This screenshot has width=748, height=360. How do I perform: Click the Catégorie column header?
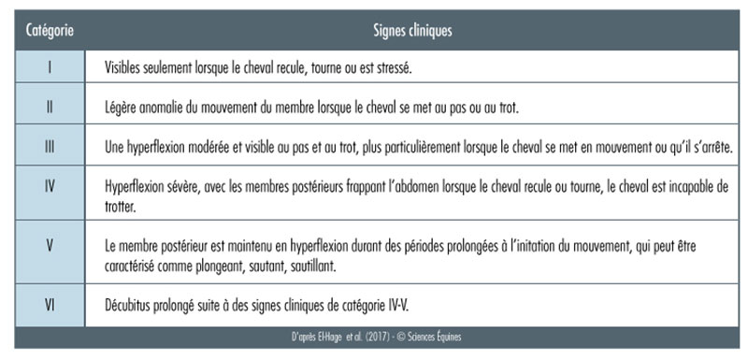click(x=50, y=31)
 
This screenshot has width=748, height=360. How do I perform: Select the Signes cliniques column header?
click(x=412, y=31)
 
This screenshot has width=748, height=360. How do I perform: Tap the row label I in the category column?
click(x=49, y=68)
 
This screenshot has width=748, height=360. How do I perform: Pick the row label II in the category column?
click(x=49, y=108)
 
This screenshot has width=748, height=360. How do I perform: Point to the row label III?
click(x=49, y=147)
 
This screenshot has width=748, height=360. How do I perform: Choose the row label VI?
click(x=49, y=304)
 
